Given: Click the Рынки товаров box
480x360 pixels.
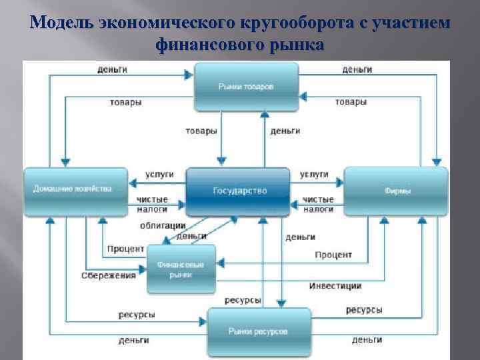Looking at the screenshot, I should tap(246, 87).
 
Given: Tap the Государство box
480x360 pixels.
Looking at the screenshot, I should tap(239, 191).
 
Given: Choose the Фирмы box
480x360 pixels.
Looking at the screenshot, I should tap(397, 191).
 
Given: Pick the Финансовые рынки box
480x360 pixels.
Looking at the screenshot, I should tap(181, 269).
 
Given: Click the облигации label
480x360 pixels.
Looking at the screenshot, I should tap(163, 225).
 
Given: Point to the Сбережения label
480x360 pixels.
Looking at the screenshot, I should tap(109, 275).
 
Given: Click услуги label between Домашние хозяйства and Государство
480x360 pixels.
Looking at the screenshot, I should tap(160, 174).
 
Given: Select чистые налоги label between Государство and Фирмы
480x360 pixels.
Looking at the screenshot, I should tap(318, 204).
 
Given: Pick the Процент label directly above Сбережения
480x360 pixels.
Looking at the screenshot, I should tap(125, 249).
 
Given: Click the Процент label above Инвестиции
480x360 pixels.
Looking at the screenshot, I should tap(333, 255).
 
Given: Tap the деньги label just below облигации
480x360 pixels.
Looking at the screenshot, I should tap(192, 236).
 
